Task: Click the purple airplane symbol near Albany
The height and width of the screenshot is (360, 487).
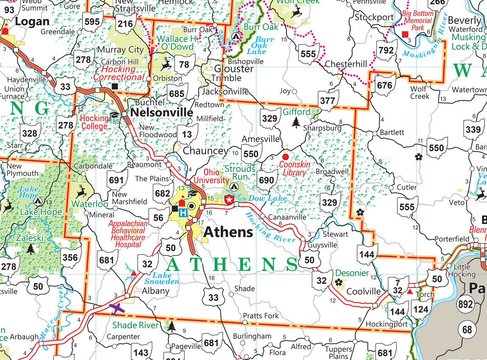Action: click(x=118, y=309)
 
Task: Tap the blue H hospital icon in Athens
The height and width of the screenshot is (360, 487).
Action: click(x=183, y=213)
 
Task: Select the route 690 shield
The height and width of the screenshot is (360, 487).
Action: click(x=266, y=180)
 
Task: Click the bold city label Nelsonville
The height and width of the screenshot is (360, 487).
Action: click(x=161, y=113)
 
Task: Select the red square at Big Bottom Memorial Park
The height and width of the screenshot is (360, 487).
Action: click(x=405, y=34)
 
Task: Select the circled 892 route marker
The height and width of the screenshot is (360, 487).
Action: click(x=467, y=304)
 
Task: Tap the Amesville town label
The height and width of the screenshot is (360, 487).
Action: click(x=261, y=139)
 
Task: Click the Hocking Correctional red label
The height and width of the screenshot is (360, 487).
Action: click(x=120, y=73)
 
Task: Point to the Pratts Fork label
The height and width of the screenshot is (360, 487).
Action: click(x=261, y=316)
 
